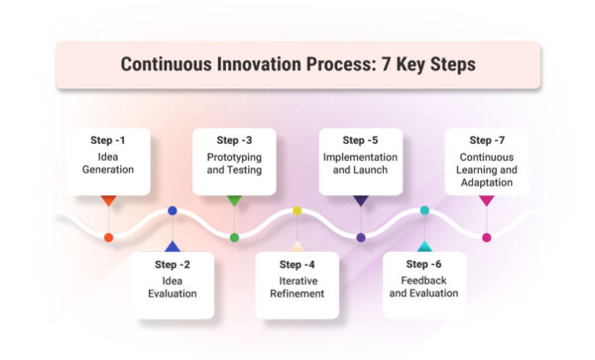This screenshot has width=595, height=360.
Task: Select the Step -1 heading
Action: click(x=108, y=141)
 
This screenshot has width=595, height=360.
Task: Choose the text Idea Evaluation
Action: click(x=172, y=287)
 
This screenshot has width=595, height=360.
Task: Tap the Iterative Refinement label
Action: click(x=297, y=287)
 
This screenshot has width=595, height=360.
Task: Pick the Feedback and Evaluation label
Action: click(x=423, y=287)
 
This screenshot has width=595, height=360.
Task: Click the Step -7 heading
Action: click(x=486, y=141)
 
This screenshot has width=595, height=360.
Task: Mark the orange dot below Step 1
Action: click(x=108, y=237)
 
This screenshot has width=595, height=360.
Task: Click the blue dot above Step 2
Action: click(x=173, y=210)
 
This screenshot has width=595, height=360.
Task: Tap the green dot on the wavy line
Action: click(x=234, y=237)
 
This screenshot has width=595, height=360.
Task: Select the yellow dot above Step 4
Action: click(x=297, y=210)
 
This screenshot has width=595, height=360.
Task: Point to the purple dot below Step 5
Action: click(x=360, y=237)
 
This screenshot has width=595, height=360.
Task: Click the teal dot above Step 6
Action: click(x=424, y=210)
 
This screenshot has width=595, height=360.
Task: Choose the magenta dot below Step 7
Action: click(x=486, y=237)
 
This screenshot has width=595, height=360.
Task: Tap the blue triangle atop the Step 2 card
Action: click(x=172, y=246)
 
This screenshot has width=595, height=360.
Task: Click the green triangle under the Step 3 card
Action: click(x=234, y=200)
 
